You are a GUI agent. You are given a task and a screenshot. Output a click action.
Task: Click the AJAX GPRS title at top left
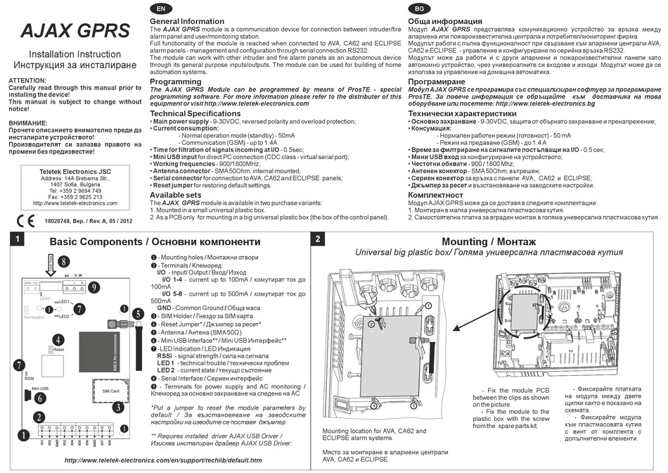75,30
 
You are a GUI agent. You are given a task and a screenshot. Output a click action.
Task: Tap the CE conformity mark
25,220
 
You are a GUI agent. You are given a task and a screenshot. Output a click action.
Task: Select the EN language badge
161,8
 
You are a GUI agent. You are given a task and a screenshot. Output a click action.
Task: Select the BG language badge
420,8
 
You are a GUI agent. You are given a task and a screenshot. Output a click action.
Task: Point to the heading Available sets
175,195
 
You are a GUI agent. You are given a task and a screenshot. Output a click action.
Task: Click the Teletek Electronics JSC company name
75,171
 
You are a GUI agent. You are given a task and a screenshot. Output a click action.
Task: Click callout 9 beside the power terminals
94,286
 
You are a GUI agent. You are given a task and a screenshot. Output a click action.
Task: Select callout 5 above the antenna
138,313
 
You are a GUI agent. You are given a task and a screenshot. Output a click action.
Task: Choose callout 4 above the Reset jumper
58,339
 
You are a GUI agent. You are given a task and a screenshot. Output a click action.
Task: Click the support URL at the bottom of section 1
162,460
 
